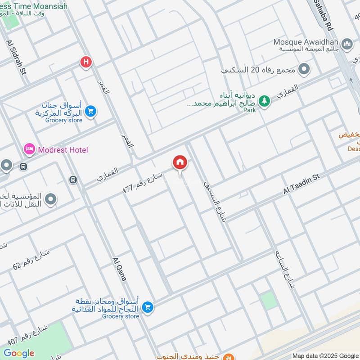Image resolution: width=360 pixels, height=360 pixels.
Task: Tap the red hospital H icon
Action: [85, 62]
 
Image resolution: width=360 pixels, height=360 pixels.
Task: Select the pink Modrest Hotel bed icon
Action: [29, 149]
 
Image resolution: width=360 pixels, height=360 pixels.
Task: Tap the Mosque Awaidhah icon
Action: [347, 43]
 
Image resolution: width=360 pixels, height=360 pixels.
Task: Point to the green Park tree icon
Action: [265, 101]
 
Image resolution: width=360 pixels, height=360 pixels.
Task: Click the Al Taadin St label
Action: [301, 184]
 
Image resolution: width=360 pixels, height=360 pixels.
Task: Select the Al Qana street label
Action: [119, 269]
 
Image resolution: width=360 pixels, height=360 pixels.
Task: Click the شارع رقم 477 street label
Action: [143, 182]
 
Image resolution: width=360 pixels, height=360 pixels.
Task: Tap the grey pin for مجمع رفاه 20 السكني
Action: [305, 69]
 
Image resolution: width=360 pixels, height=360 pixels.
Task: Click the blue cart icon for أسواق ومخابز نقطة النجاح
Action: [147, 308]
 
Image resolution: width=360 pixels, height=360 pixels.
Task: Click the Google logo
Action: [19, 353]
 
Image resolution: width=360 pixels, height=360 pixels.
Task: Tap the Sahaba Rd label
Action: [324, 15]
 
